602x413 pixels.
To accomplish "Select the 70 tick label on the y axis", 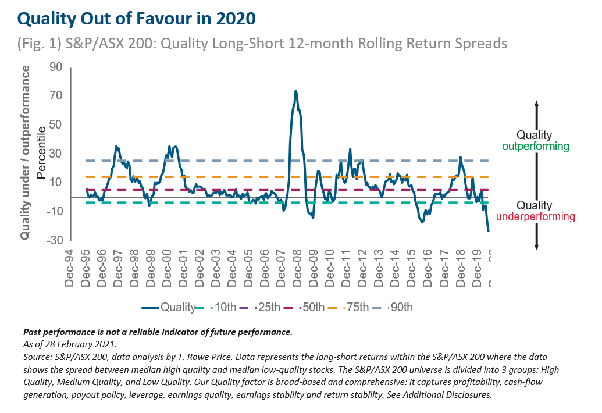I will point(55,96).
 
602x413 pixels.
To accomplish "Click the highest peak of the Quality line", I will point(295,91).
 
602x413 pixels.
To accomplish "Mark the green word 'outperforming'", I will point(535,147).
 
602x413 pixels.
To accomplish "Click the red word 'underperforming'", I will point(535,217).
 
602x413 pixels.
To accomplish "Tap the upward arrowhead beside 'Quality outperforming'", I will point(537,103).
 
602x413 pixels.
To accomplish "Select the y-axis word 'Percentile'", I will point(41,154).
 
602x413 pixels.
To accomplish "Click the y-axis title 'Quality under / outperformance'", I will point(26,153).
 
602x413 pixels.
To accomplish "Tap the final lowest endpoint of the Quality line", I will point(489,232).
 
